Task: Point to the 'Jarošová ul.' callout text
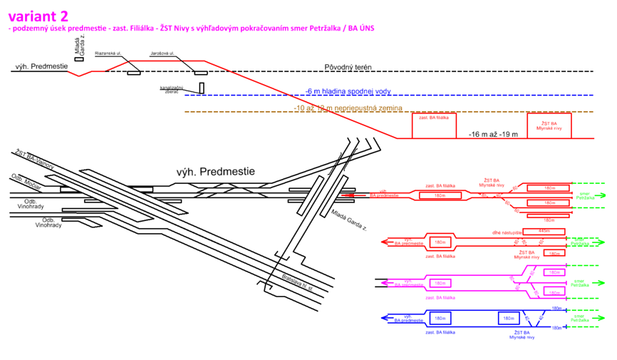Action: click(x=162, y=53)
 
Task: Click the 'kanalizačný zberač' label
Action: click(x=172, y=89)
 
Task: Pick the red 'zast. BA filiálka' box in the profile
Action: click(x=434, y=125)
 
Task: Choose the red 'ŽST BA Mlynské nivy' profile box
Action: click(x=549, y=125)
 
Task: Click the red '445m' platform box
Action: click(x=544, y=231)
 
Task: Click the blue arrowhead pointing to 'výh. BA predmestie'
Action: click(x=382, y=318)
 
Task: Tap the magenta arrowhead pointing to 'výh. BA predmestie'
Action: click(x=383, y=282)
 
